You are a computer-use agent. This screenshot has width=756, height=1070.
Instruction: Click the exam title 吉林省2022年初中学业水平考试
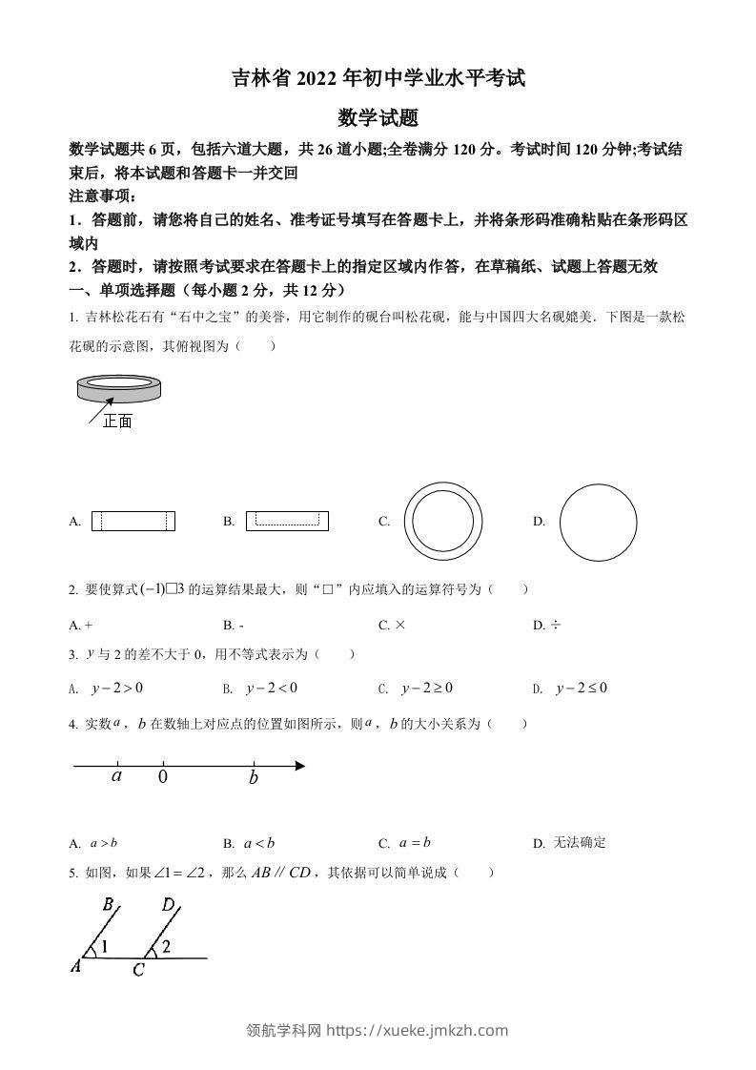pyautogui.click(x=378, y=79)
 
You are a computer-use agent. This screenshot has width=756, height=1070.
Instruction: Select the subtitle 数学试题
pyautogui.click(x=378, y=118)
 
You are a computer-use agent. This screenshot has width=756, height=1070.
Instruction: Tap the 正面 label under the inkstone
pyautogui.click(x=117, y=421)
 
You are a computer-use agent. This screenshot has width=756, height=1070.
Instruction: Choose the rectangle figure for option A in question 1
pyautogui.click(x=133, y=522)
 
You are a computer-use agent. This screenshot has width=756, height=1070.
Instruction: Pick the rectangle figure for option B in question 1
pyautogui.click(x=287, y=521)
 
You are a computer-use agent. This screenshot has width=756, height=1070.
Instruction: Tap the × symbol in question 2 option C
pyautogui.click(x=399, y=626)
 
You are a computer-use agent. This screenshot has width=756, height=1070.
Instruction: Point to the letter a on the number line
pyautogui.click(x=116, y=776)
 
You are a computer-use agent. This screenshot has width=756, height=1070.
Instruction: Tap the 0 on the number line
pyautogui.click(x=162, y=777)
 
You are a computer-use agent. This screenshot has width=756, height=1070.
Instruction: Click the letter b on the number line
pyautogui.click(x=254, y=777)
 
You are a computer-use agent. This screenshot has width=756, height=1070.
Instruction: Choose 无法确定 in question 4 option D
pyautogui.click(x=582, y=843)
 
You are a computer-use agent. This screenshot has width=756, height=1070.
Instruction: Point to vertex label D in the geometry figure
pyautogui.click(x=168, y=905)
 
